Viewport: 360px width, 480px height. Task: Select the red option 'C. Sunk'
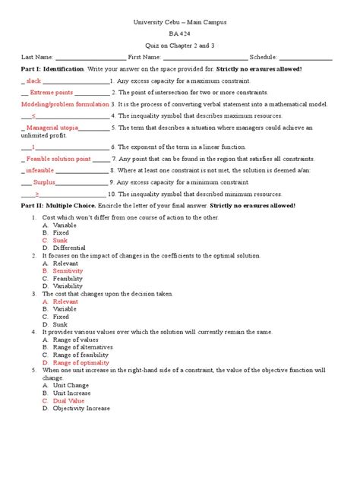point(55,240)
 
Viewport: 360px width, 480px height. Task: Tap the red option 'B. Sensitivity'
point(63,270)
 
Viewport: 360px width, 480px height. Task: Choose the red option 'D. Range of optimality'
point(76,362)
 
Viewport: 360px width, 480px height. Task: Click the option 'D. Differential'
point(64,248)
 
